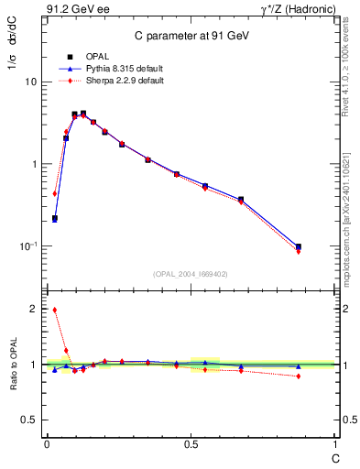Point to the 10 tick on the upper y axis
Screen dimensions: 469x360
(30, 82)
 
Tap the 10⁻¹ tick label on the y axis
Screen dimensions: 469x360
(27, 246)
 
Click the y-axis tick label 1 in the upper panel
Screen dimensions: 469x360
(33, 164)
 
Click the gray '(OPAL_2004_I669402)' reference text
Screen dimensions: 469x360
(191, 273)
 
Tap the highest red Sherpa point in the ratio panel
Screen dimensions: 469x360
(55, 310)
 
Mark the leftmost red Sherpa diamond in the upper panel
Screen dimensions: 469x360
(55, 193)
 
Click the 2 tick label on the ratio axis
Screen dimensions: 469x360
(33, 310)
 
